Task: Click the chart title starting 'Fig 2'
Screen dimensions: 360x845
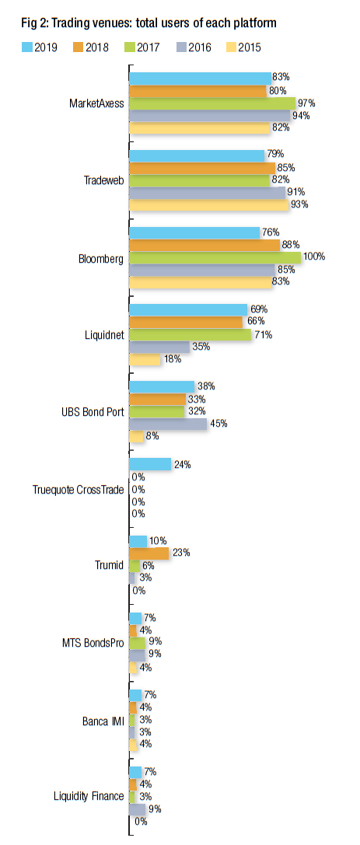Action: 149,23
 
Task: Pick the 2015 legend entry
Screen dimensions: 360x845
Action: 241,47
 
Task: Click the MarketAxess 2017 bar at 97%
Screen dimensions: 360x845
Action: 212,103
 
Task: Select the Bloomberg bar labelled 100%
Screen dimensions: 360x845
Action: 215,257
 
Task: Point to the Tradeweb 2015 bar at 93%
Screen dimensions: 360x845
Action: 209,204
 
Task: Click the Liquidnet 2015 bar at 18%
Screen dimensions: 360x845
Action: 145,359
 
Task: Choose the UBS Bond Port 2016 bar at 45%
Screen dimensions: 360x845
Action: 168,424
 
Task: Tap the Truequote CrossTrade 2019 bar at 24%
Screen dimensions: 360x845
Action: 150,464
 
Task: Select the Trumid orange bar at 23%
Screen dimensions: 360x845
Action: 149,553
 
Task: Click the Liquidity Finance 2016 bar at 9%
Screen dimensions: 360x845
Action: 138,809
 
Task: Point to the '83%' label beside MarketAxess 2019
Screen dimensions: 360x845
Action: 280,78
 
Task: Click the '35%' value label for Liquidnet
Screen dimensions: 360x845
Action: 201,347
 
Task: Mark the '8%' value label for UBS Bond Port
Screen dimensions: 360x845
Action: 152,437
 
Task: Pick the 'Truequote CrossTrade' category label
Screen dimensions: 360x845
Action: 79,490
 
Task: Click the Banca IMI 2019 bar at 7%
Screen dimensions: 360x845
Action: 135,694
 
